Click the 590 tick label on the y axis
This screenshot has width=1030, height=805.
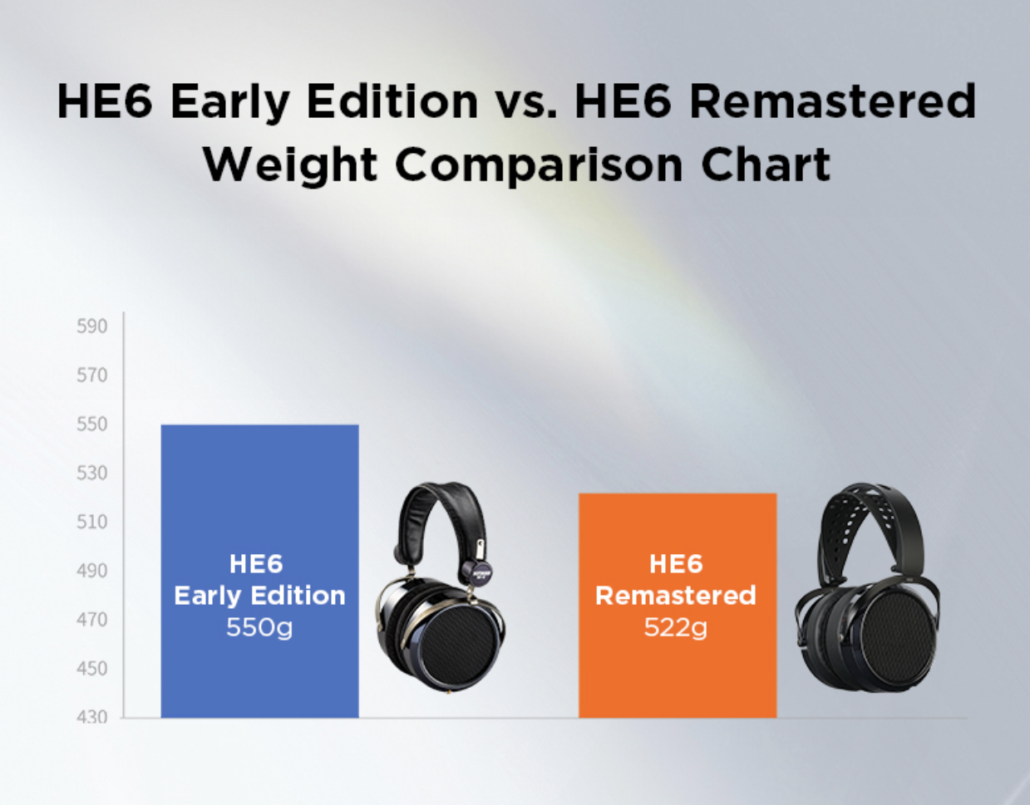click(92, 326)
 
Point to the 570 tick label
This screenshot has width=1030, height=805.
click(92, 376)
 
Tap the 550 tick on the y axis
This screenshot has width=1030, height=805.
click(92, 425)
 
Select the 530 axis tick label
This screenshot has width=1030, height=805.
click(92, 473)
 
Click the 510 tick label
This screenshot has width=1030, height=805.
click(92, 522)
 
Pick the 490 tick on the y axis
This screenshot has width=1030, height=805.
click(92, 571)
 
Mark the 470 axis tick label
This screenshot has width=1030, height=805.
click(92, 620)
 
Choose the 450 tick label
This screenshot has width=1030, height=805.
click(92, 669)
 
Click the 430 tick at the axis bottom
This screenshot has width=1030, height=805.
click(92, 717)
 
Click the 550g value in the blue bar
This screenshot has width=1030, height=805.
click(259, 628)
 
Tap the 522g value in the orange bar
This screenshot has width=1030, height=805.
click(676, 628)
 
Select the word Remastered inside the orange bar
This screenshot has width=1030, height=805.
click(676, 596)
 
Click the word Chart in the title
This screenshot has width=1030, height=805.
click(766, 164)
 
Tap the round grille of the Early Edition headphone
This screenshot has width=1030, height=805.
click(459, 645)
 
